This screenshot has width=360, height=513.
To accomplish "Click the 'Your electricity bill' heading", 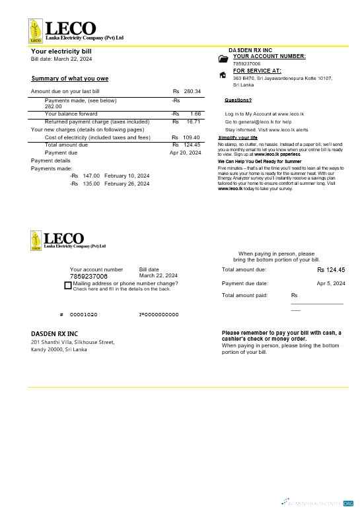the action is (x=61, y=51).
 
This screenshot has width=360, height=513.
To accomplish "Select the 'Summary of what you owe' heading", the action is (x=69, y=79).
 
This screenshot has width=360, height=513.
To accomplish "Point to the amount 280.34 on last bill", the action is (x=192, y=91).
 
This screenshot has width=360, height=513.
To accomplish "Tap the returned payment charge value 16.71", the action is (x=194, y=121).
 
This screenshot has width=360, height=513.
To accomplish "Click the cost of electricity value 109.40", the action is (x=192, y=137).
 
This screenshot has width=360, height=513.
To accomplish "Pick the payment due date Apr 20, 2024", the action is (x=185, y=153).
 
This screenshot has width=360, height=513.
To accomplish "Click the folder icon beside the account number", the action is (x=223, y=59).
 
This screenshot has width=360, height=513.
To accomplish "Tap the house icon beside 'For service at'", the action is (x=223, y=75).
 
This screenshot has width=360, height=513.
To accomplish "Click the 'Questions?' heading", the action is (x=238, y=100).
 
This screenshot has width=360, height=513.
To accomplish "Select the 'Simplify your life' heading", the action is (x=237, y=137).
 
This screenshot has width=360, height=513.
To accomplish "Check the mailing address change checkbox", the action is (x=67, y=285).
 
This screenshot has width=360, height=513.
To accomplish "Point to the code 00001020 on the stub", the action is (x=83, y=315).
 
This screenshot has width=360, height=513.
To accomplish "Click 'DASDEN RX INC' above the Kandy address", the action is (x=54, y=334).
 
